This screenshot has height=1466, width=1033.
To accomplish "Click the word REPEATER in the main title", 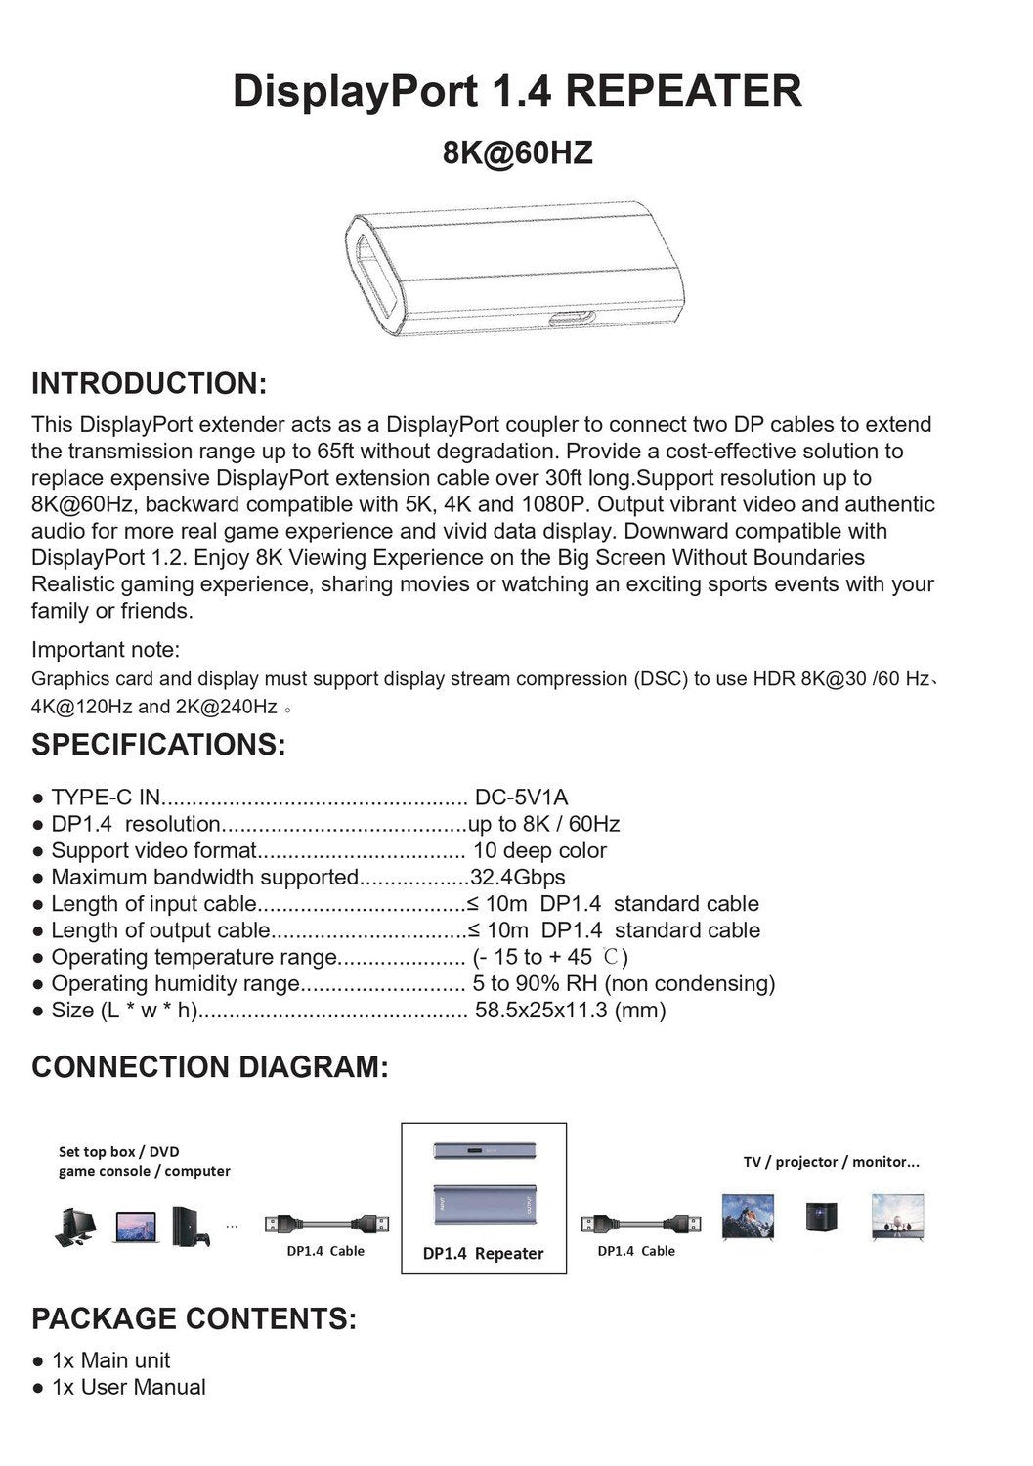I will (x=683, y=91).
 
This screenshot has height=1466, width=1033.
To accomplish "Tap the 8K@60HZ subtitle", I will (x=517, y=153).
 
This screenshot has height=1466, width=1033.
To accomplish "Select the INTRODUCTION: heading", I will (x=149, y=383).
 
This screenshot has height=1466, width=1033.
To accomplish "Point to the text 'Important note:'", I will (x=106, y=650).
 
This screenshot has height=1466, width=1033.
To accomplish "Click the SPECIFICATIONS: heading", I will (x=158, y=744).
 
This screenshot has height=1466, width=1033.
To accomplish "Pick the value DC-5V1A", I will (x=521, y=798).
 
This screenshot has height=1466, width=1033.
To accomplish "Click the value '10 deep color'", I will (x=539, y=851).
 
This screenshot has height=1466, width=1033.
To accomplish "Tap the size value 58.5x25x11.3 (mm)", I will (x=570, y=1011).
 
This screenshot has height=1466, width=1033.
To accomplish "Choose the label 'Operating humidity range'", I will (x=175, y=984).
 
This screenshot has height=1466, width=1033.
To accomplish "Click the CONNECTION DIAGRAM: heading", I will (x=210, y=1066).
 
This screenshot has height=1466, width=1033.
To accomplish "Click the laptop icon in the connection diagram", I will (x=136, y=1228).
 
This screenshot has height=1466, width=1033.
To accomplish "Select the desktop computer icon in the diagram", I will (x=75, y=1228).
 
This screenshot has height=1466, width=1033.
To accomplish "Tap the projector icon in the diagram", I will (x=820, y=1218).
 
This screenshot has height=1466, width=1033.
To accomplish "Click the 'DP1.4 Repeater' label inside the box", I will (x=483, y=1254).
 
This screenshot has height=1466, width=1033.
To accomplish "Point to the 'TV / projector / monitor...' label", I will (x=831, y=1162).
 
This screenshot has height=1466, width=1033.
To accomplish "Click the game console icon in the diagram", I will (x=190, y=1228).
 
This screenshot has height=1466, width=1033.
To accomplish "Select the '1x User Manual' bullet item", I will (x=128, y=1387).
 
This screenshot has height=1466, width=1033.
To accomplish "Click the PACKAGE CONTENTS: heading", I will (x=194, y=1318).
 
